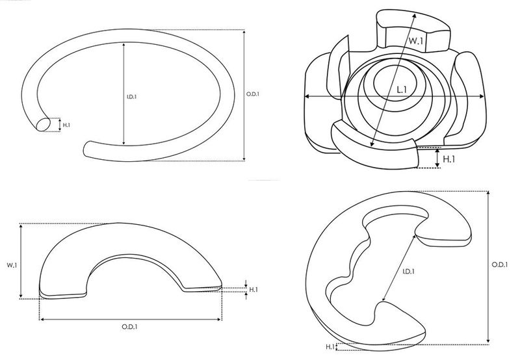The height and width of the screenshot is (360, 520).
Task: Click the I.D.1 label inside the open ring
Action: point(132,97)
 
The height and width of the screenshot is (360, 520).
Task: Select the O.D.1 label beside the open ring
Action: point(253,94)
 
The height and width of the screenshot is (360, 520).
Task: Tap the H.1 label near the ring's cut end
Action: point(66,125)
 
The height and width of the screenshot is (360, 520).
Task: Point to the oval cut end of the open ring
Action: point(43,125)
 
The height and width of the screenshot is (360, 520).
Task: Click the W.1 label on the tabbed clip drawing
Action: point(416,41)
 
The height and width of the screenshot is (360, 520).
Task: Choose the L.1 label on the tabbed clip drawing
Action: point(402,90)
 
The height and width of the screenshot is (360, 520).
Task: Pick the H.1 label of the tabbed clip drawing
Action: point(448,159)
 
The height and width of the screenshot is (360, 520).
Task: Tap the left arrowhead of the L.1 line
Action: point(307,96)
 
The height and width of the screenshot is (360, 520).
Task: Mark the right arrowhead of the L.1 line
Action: point(482,96)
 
